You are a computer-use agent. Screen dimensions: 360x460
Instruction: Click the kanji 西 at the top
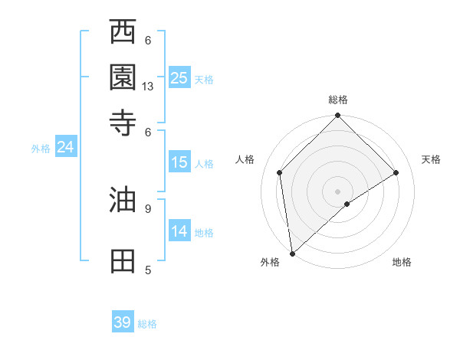[x=123, y=33]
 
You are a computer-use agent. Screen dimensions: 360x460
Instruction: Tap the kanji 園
[x=123, y=77]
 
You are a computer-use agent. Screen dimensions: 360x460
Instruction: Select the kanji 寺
[x=123, y=122]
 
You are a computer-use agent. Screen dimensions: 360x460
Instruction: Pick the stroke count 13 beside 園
[x=148, y=87]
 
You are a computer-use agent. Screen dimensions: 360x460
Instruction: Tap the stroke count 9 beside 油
[x=148, y=208]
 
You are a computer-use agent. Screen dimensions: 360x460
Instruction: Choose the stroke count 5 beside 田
[x=148, y=270]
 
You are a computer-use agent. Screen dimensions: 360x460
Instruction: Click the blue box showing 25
[x=179, y=78]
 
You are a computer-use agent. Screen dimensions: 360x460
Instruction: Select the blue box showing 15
[x=179, y=162]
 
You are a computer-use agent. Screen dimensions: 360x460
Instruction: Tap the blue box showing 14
[x=179, y=231]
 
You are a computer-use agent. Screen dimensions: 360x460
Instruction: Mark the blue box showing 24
[x=65, y=148]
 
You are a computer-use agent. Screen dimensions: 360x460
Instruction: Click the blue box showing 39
[x=123, y=322]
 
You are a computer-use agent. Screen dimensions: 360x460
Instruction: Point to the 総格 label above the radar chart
[x=337, y=100]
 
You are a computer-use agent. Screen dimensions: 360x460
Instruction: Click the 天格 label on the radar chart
[x=431, y=159]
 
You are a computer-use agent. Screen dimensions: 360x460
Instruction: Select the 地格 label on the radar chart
[x=402, y=262]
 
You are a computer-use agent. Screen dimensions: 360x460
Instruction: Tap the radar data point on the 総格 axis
[x=337, y=116]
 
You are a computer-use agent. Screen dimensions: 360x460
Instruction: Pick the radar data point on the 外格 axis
[x=292, y=253]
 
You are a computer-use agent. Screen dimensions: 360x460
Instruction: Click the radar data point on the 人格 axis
[x=280, y=172]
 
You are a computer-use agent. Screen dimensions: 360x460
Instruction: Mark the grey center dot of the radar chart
[x=337, y=191]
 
